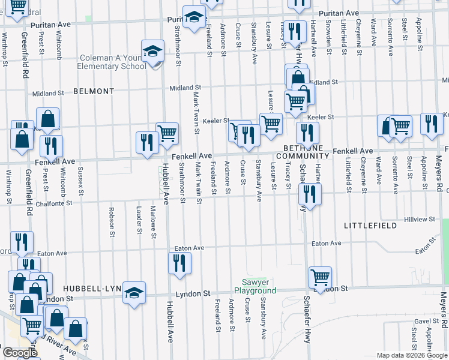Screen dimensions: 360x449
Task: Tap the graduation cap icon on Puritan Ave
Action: click(193, 19)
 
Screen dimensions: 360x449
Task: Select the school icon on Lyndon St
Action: click(134, 292)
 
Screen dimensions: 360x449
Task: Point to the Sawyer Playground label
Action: click(259, 286)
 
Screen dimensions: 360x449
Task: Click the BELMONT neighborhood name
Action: click(94, 91)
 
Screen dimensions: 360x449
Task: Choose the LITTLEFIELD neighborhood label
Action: click(370, 225)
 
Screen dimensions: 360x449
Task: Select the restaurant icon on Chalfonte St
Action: click(309, 193)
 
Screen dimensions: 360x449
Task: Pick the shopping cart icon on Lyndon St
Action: click(321, 277)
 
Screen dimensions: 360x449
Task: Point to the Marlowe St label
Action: click(154, 223)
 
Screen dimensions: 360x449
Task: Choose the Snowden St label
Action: click(329, 38)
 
